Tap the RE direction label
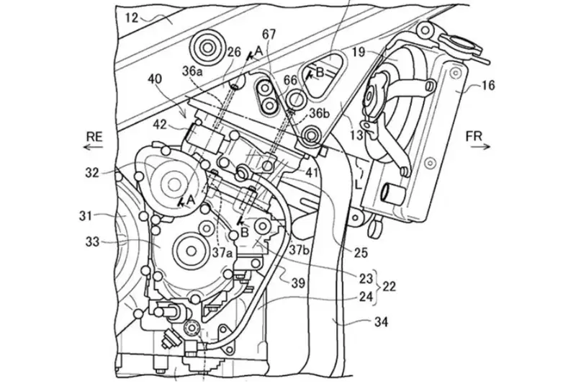tap(94, 137)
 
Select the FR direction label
tap(474, 137)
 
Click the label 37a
tap(223, 252)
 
